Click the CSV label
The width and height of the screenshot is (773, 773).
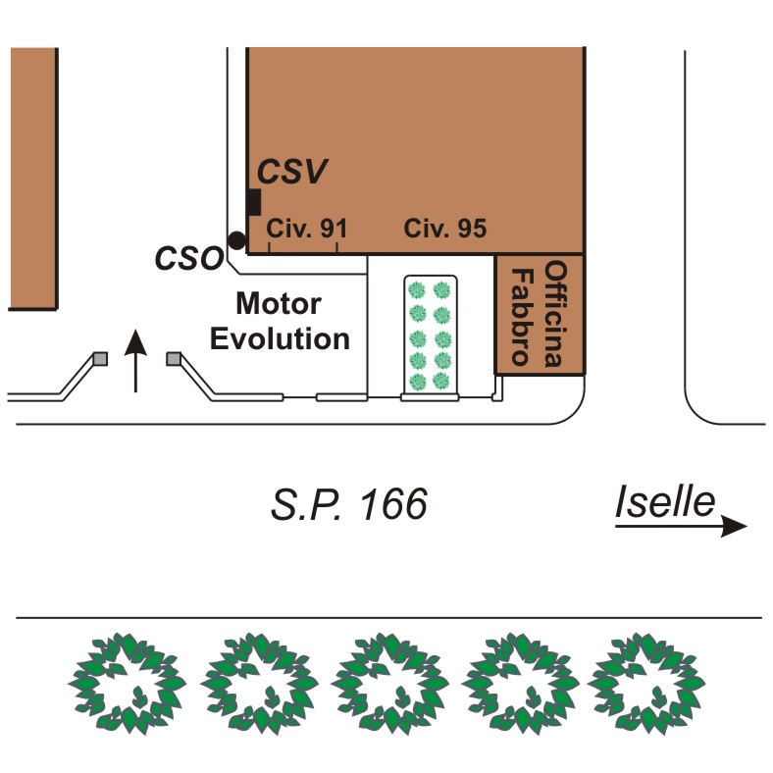tap(292, 171)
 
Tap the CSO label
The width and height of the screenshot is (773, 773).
tap(189, 258)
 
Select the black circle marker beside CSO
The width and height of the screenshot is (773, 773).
tap(237, 240)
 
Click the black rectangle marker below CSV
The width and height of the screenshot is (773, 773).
tap(254, 202)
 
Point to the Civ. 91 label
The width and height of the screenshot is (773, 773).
tap(307, 229)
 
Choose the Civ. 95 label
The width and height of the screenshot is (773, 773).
tap(444, 229)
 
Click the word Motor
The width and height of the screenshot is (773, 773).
tap(279, 303)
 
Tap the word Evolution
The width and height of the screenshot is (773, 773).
tap(280, 339)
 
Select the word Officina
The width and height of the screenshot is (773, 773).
tap(555, 314)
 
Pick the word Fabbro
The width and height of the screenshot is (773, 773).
tap(522, 317)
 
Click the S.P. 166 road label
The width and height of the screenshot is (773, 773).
tap(349, 504)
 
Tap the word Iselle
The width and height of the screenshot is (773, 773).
tap(665, 501)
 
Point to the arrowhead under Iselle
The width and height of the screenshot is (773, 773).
tap(734, 526)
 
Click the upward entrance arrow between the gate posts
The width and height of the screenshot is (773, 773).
tap(135, 361)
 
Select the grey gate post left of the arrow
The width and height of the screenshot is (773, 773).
tap(101, 358)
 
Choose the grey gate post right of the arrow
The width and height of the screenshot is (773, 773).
tap(174, 358)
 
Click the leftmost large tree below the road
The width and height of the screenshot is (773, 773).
tap(128, 683)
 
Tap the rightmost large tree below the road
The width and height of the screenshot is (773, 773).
tap(646, 683)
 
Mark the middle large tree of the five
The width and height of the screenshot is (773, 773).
tap(390, 683)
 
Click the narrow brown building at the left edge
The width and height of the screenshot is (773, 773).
tap(33, 179)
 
